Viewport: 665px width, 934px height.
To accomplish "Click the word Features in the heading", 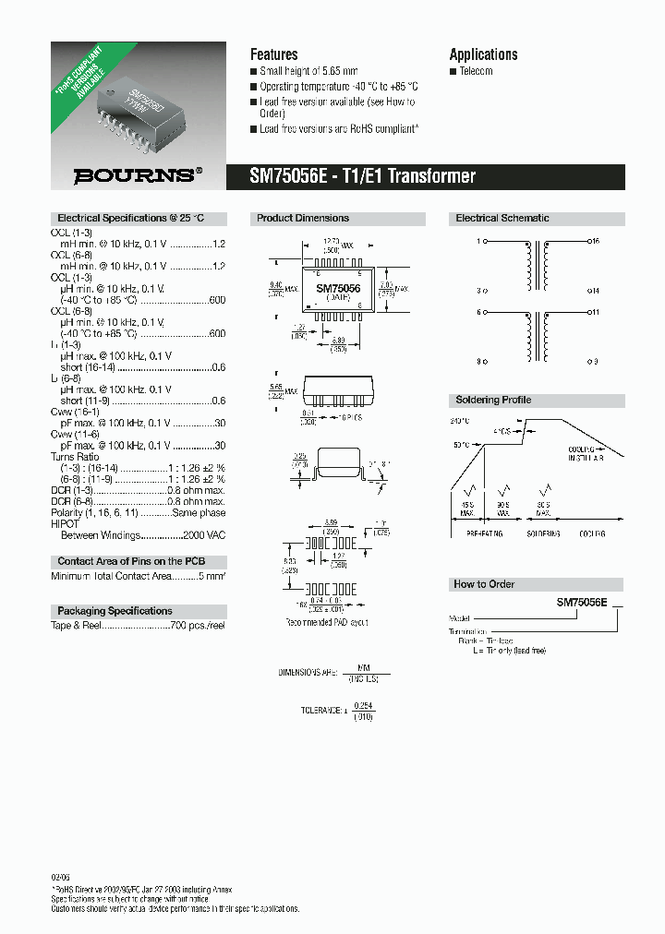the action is [274, 54].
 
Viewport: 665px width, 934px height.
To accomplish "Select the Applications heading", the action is [483, 54].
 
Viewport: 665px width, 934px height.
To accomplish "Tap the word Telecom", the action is [477, 72].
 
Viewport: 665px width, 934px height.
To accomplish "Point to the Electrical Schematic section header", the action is [502, 219].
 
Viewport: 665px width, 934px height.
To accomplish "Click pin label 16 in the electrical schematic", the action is [596, 241].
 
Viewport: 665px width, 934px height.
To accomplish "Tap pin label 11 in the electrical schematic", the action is [596, 312].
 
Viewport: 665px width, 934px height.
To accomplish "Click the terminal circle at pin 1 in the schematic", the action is [486, 241].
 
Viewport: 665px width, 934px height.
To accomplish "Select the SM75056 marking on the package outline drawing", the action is [338, 289].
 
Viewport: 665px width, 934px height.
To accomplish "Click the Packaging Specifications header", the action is [115, 611].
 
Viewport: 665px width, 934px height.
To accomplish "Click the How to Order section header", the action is [484, 584].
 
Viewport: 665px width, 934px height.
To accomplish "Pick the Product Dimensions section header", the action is [303, 219].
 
